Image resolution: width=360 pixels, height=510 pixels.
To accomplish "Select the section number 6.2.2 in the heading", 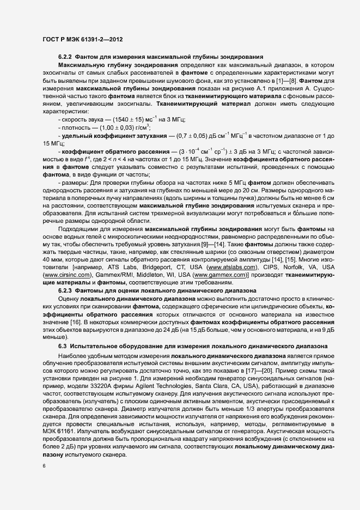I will point(65,57).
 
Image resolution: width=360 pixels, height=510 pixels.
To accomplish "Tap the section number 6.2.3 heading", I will point(65,291).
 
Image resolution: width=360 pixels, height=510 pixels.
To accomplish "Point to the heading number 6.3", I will point(62,345).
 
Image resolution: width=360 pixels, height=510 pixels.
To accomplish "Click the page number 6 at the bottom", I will point(43,467).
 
